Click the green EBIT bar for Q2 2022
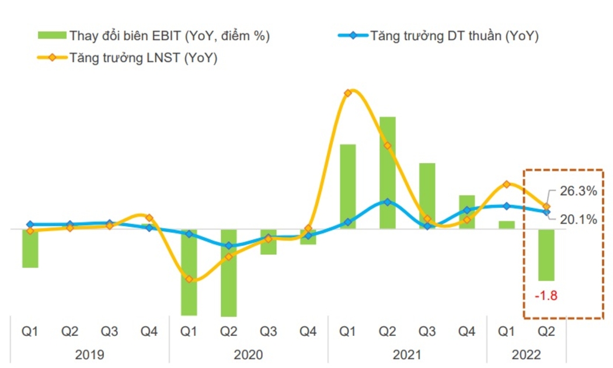pos(546,255)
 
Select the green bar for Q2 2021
pos(388,173)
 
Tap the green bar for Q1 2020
pos(189,272)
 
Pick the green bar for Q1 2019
pos(30,248)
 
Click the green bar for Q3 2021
pos(427,196)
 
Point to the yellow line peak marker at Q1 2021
pos(347,93)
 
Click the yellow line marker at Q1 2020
pos(189,279)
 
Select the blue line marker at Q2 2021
pos(388,202)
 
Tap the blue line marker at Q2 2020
pos(229,245)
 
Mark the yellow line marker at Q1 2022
pos(507,184)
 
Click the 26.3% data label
pos(579,191)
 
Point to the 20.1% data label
pos(579,220)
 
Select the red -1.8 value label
pos(546,296)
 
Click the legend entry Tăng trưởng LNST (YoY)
pos(127,58)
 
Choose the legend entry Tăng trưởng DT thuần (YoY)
pos(438,36)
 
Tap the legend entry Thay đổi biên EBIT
pos(154,36)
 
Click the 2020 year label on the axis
pos(248,355)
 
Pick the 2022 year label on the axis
pos(526,355)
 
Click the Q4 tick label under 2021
pos(467,332)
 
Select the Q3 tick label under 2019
pos(110,332)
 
